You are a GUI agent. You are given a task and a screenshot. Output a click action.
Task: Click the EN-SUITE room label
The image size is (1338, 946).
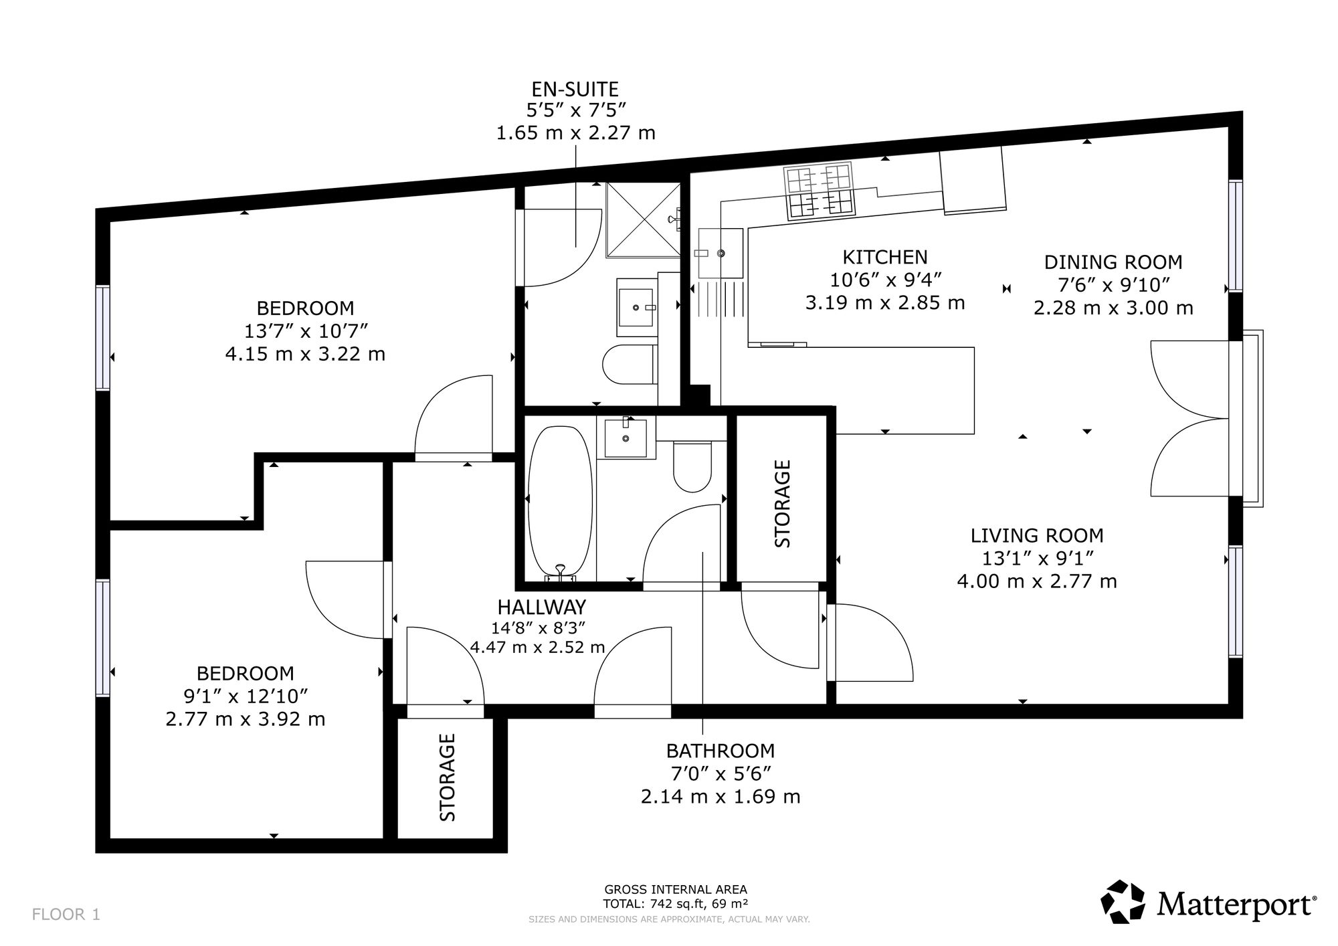[575, 89]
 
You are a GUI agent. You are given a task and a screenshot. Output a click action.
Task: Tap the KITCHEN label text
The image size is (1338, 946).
[884, 257]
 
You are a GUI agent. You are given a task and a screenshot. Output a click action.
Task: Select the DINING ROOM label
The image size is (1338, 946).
[1113, 262]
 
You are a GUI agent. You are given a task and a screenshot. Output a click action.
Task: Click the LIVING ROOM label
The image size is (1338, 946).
[1037, 535]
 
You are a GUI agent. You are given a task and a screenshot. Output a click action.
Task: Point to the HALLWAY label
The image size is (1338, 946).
[541, 607]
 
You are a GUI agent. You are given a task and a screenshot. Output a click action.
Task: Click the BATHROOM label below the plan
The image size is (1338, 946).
[721, 751]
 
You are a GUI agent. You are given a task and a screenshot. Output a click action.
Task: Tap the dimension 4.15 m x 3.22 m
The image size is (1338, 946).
[305, 353]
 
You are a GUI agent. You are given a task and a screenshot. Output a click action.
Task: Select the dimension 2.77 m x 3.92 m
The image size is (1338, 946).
[246, 719]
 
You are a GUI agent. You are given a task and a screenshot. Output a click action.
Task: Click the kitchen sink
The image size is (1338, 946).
[720, 253]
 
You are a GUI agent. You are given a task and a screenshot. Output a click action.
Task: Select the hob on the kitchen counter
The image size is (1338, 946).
[820, 191]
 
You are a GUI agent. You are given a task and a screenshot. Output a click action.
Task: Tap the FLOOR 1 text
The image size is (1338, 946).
[66, 915]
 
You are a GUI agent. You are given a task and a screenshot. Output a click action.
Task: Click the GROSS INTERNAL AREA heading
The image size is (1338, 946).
[676, 890]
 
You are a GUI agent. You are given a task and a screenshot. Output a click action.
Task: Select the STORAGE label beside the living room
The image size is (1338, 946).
[782, 503]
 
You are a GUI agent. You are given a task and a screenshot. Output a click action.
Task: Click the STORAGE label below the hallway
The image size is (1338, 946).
[447, 777]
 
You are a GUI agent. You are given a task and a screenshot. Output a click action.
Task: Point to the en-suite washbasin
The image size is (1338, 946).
[636, 307]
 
